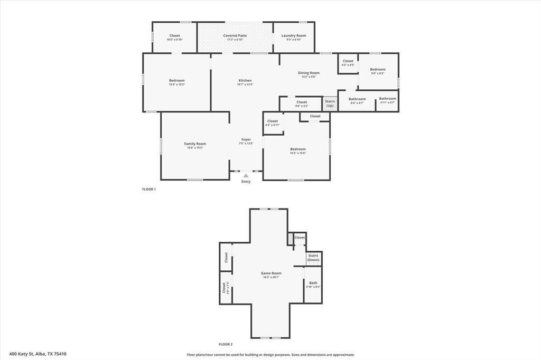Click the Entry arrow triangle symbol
point(246,175)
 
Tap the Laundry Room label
point(293,36)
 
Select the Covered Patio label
point(235,36)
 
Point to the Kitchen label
point(245,80)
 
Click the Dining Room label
point(309,73)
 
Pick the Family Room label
point(195,144)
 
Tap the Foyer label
point(246,139)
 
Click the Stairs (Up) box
point(330,103)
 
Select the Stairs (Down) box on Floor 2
point(313,258)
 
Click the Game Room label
point(271,273)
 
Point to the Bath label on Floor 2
point(313,283)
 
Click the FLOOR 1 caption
point(149,189)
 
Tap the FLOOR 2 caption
point(226,344)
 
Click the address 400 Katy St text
point(38,354)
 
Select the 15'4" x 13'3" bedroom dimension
point(176,84)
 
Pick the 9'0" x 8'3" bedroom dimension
point(377,73)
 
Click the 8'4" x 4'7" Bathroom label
point(357,99)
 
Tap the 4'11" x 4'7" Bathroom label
point(387,99)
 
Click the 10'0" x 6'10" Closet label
point(174,36)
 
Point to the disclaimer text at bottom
point(270,355)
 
